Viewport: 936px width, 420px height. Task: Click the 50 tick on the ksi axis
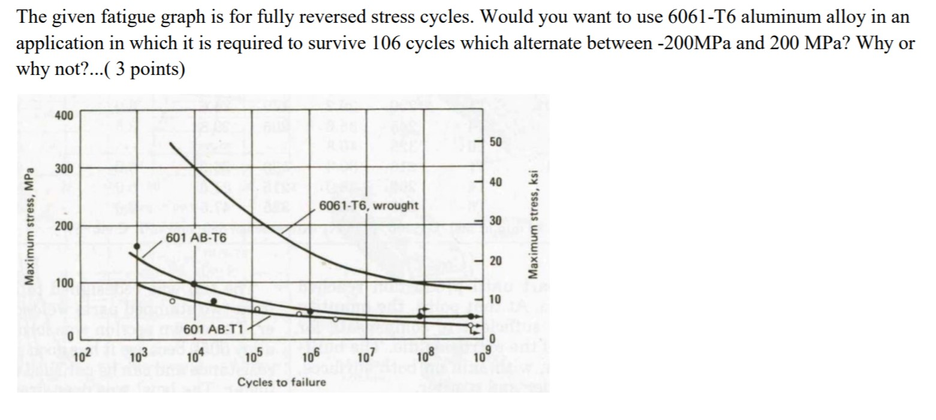click(x=495, y=142)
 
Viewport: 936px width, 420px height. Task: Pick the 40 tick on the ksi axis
click(x=495, y=182)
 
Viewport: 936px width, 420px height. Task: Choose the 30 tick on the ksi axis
click(x=495, y=221)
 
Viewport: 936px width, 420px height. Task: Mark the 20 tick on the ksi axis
click(x=495, y=261)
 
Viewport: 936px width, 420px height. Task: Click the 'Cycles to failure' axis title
click(x=281, y=382)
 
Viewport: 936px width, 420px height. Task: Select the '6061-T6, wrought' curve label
click(x=369, y=206)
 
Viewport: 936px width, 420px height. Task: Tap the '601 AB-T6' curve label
click(x=196, y=238)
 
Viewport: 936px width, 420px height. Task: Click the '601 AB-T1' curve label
click(x=213, y=329)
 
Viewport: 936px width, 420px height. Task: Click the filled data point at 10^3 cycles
click(x=137, y=246)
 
